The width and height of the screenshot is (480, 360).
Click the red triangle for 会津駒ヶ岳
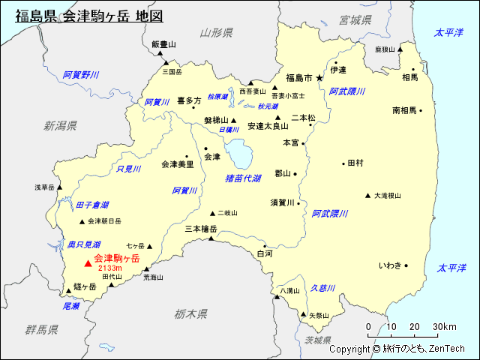click(x=88, y=262)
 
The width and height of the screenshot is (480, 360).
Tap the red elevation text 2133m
click(x=109, y=268)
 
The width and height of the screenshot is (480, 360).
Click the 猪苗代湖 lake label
click(x=243, y=178)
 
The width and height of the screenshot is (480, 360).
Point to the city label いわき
click(x=390, y=265)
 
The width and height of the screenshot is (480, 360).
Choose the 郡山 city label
click(x=282, y=173)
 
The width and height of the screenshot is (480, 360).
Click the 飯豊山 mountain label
click(x=163, y=44)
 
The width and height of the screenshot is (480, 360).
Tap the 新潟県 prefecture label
click(x=60, y=125)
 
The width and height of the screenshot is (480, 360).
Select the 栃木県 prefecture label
click(x=191, y=313)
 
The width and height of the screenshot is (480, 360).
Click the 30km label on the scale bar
click(x=445, y=326)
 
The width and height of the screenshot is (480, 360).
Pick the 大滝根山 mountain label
click(x=388, y=196)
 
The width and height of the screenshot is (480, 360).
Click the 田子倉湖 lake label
click(x=92, y=205)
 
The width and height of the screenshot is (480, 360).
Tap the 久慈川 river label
click(x=322, y=288)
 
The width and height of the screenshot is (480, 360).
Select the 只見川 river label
click(x=128, y=169)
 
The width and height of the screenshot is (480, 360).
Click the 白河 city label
click(x=265, y=254)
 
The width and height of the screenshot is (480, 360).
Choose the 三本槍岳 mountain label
click(x=200, y=229)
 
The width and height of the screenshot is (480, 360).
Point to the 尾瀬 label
click(x=71, y=306)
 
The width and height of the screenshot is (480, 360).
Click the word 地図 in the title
click(x=147, y=16)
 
